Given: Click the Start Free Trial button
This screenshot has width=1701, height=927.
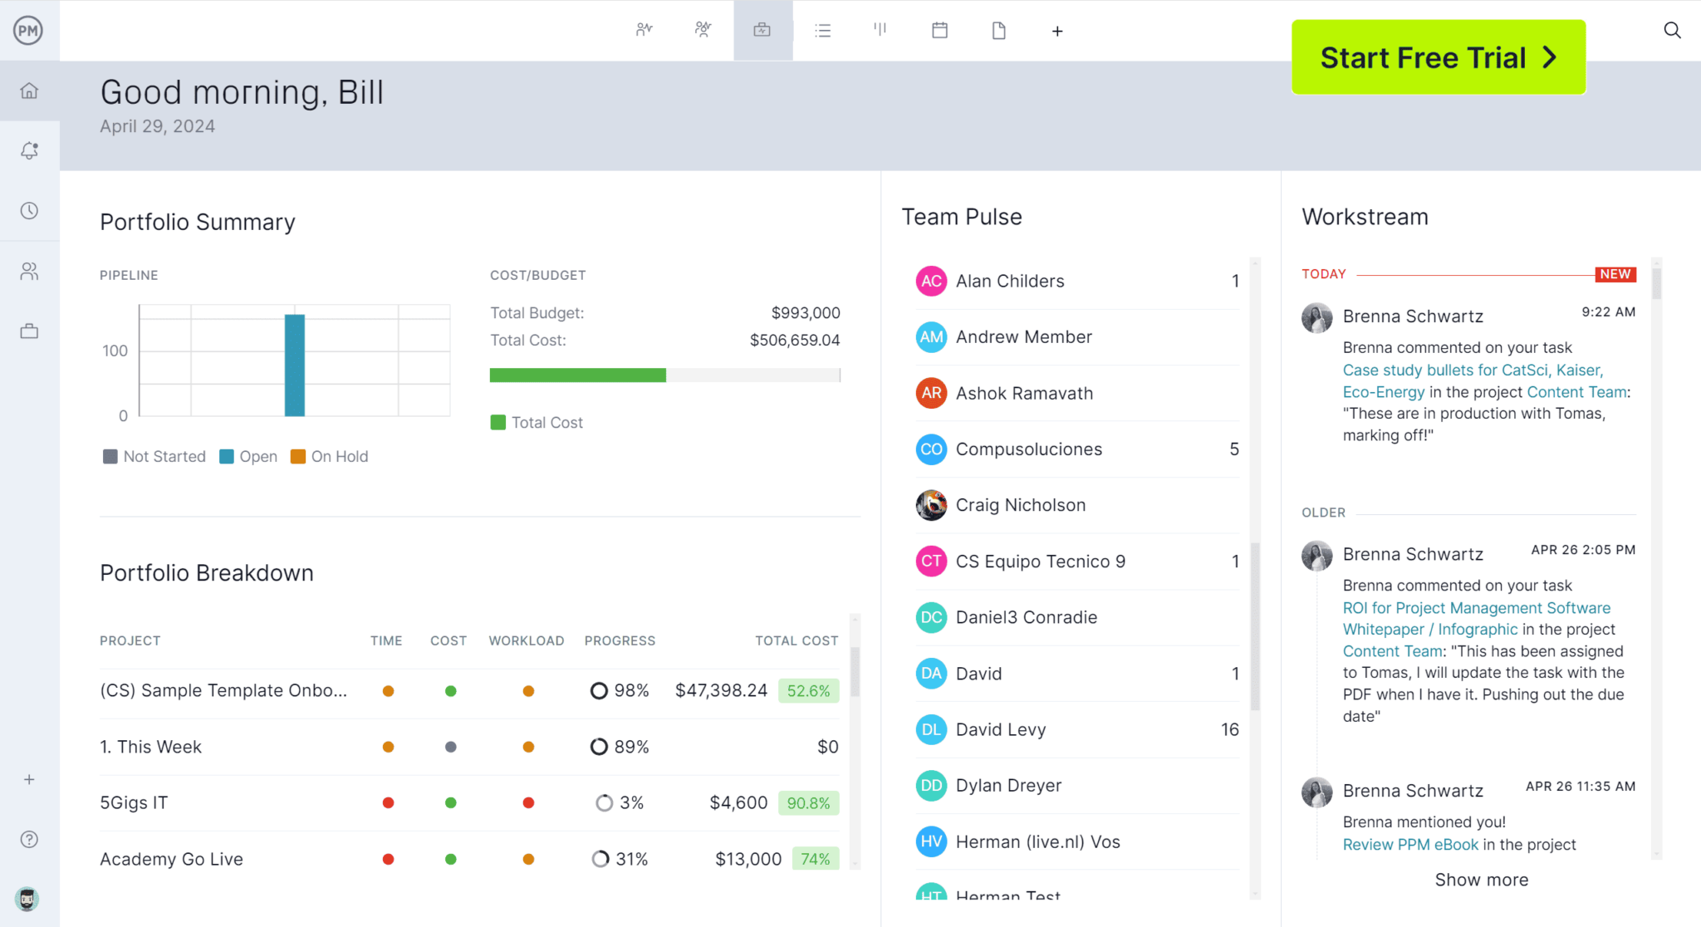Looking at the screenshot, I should coord(1438,57).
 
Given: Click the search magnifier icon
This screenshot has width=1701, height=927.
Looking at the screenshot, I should coord(1672,31).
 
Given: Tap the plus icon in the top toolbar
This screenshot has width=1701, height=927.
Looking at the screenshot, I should coord(1056,32).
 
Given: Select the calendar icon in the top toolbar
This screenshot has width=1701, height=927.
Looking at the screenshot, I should coord(939,31).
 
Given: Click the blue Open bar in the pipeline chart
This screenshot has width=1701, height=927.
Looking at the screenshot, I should coord(294,365).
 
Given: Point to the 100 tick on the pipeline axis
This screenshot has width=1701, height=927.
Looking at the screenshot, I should coord(115,351).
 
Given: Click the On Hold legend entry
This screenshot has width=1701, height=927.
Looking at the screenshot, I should coord(330,457).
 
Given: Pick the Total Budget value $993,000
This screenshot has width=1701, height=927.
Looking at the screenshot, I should coord(805,313).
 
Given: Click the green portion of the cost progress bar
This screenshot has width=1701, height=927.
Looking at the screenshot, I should coord(577,375).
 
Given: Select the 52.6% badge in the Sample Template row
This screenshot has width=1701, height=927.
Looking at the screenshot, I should coord(807,691).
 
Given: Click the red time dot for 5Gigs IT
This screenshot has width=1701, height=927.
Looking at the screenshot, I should coord(388,803).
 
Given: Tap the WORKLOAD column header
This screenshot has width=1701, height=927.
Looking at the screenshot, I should coord(526,640).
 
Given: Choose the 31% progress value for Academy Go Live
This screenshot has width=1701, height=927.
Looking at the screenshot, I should coord(631,859).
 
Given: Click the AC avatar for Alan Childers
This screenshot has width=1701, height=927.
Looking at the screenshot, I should coord(931,281).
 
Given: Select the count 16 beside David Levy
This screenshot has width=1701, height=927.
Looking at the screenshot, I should coord(1229,729).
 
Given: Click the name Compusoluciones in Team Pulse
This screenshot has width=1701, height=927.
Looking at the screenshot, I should coord(1028,449).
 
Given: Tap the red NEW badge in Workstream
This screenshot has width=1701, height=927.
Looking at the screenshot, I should coord(1615,274).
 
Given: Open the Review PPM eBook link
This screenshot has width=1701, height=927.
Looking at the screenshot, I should coord(1410,845).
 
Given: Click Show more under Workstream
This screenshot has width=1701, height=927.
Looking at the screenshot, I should coord(1481,880).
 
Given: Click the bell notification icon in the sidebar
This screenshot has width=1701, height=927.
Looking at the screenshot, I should coord(29,150).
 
